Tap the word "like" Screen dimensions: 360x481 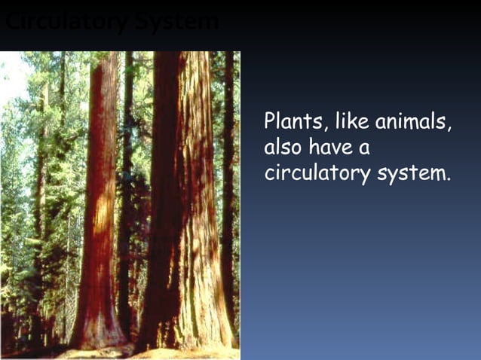pyautogui.click(x=351, y=121)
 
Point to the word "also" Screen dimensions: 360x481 pyautogui.click(x=281, y=147)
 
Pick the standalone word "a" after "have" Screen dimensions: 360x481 pyautogui.click(x=365, y=148)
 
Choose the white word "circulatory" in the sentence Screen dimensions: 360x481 pyautogui.click(x=317, y=173)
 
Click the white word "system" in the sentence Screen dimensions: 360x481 pyautogui.click(x=412, y=174)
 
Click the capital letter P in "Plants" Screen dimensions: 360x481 pyautogui.click(x=270, y=121)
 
